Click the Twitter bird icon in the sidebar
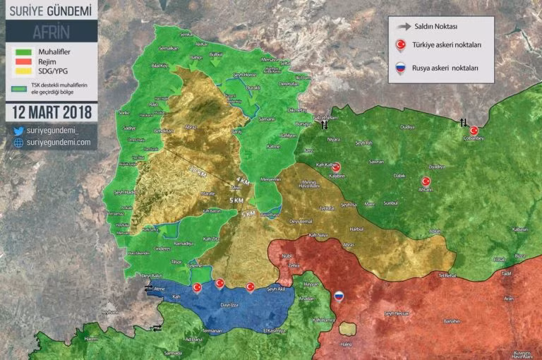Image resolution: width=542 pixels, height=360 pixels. click(18, 131)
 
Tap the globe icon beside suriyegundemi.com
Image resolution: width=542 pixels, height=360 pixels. click(18, 143)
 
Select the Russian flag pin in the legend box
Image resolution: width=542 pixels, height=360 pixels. click(400, 68)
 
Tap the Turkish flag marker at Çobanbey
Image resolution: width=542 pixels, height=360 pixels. click(474, 131)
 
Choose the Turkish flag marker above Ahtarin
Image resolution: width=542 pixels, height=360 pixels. click(426, 181)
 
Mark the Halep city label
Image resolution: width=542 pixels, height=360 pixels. click(347, 345)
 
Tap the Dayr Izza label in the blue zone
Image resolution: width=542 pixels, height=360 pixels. click(231, 304)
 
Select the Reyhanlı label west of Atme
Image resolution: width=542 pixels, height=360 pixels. click(109, 311)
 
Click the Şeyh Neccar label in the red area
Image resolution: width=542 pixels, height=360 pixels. click(396, 313)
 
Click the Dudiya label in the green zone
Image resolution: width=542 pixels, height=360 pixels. click(407, 126)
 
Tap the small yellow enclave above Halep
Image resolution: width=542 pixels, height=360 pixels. click(347, 328)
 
